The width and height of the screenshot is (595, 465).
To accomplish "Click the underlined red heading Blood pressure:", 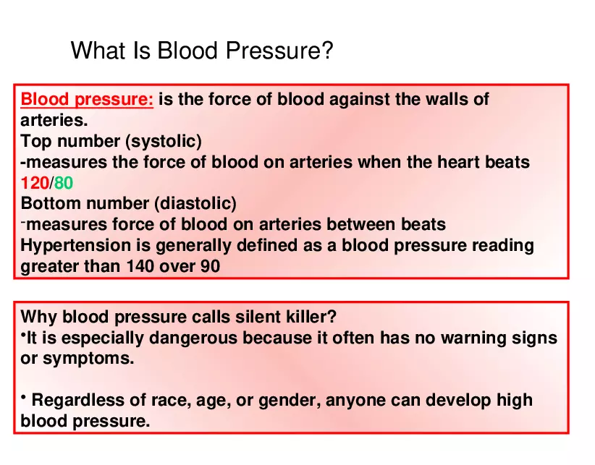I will click(x=87, y=100).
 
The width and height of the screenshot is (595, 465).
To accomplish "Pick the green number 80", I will click(x=64, y=183).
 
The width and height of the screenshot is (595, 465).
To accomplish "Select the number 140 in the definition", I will click(x=140, y=266).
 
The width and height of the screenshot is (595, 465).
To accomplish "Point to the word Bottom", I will click(x=48, y=203).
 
